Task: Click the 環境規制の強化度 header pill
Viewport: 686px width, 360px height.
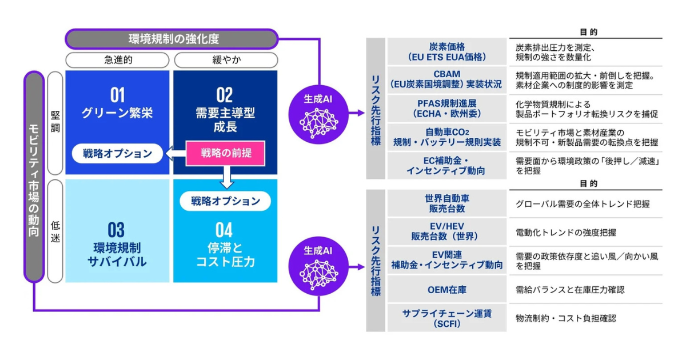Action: coord(172,39)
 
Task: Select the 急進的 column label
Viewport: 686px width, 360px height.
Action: coord(117,59)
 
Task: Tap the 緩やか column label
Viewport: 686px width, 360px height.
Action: coord(226,59)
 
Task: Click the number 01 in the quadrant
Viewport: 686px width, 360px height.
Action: coord(117,95)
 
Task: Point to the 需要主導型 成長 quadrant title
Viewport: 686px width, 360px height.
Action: coord(225,119)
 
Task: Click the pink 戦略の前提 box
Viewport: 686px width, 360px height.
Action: coord(225,153)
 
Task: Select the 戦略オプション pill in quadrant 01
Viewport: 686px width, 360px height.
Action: coord(117,153)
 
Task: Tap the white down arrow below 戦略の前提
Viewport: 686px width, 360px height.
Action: coord(227,178)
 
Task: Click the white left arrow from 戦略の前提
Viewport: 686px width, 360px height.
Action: coord(176,153)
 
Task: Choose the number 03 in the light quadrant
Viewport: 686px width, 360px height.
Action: coord(116,230)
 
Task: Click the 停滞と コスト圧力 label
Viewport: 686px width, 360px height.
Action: coord(225,255)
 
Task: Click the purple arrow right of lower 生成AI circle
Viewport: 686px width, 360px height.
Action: coord(357,267)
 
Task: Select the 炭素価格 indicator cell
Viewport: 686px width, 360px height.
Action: coord(447,52)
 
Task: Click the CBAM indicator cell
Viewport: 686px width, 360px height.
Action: coord(447,79)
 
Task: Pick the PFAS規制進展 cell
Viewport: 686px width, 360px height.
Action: coord(447,109)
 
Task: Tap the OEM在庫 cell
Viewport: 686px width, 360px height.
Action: coord(447,290)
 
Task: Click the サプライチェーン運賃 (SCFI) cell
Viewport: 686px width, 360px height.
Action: coord(447,318)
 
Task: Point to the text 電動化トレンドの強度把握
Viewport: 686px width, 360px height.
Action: coord(565,233)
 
